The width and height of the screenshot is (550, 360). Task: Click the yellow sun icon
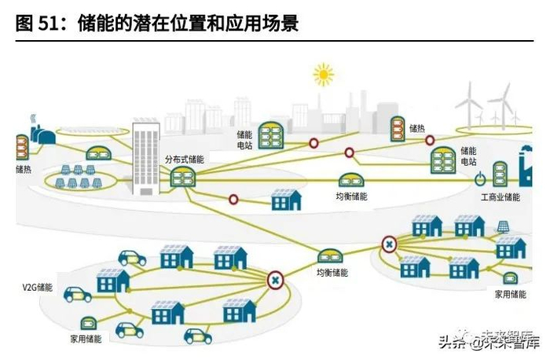(323, 75)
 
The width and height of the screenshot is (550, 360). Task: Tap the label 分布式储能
(184, 159)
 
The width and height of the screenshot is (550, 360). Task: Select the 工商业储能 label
(500, 197)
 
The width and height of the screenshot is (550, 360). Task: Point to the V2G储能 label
(38, 288)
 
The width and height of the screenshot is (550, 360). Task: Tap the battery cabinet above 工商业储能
(500, 174)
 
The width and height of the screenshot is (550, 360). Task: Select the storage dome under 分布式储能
(183, 177)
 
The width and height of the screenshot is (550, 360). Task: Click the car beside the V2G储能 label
(77, 295)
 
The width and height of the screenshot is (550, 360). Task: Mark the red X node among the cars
(275, 279)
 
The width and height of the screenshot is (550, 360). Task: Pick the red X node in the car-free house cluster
(388, 245)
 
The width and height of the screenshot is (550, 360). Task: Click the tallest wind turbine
(498, 102)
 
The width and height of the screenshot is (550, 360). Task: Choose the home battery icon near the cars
(84, 322)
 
